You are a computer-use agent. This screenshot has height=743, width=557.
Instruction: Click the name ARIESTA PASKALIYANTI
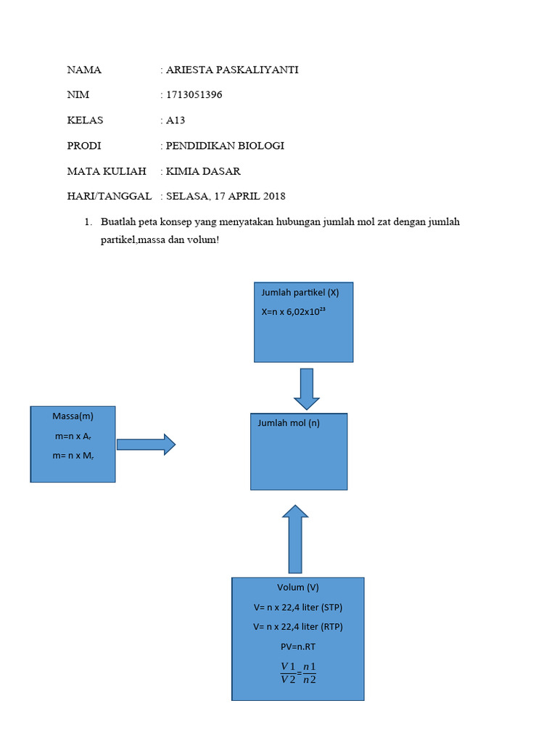pos(232,70)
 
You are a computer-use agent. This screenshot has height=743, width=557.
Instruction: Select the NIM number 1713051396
pos(194,95)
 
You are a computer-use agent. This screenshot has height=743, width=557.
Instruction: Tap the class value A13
pos(176,120)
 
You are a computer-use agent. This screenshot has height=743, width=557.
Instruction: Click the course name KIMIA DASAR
pos(203,171)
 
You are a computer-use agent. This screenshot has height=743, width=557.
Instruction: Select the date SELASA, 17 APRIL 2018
pos(226,197)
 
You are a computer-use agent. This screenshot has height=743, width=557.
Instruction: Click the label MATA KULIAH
pos(106,171)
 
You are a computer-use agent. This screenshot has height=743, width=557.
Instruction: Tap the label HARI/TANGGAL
pos(109,197)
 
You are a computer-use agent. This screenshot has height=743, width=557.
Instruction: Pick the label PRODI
pos(84,146)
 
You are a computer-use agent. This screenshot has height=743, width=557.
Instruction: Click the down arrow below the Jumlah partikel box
pos(307,388)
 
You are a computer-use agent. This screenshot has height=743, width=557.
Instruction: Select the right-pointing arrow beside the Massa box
pos(146,444)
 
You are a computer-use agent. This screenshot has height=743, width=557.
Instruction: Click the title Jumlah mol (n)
pos(289,423)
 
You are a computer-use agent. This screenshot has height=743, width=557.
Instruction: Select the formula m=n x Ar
pos(73,436)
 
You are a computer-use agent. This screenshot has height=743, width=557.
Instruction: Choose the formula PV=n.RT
pos(297,646)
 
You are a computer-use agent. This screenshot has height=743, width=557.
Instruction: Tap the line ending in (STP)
pos(297,607)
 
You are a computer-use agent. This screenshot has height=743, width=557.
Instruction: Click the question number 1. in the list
pos(90,222)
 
